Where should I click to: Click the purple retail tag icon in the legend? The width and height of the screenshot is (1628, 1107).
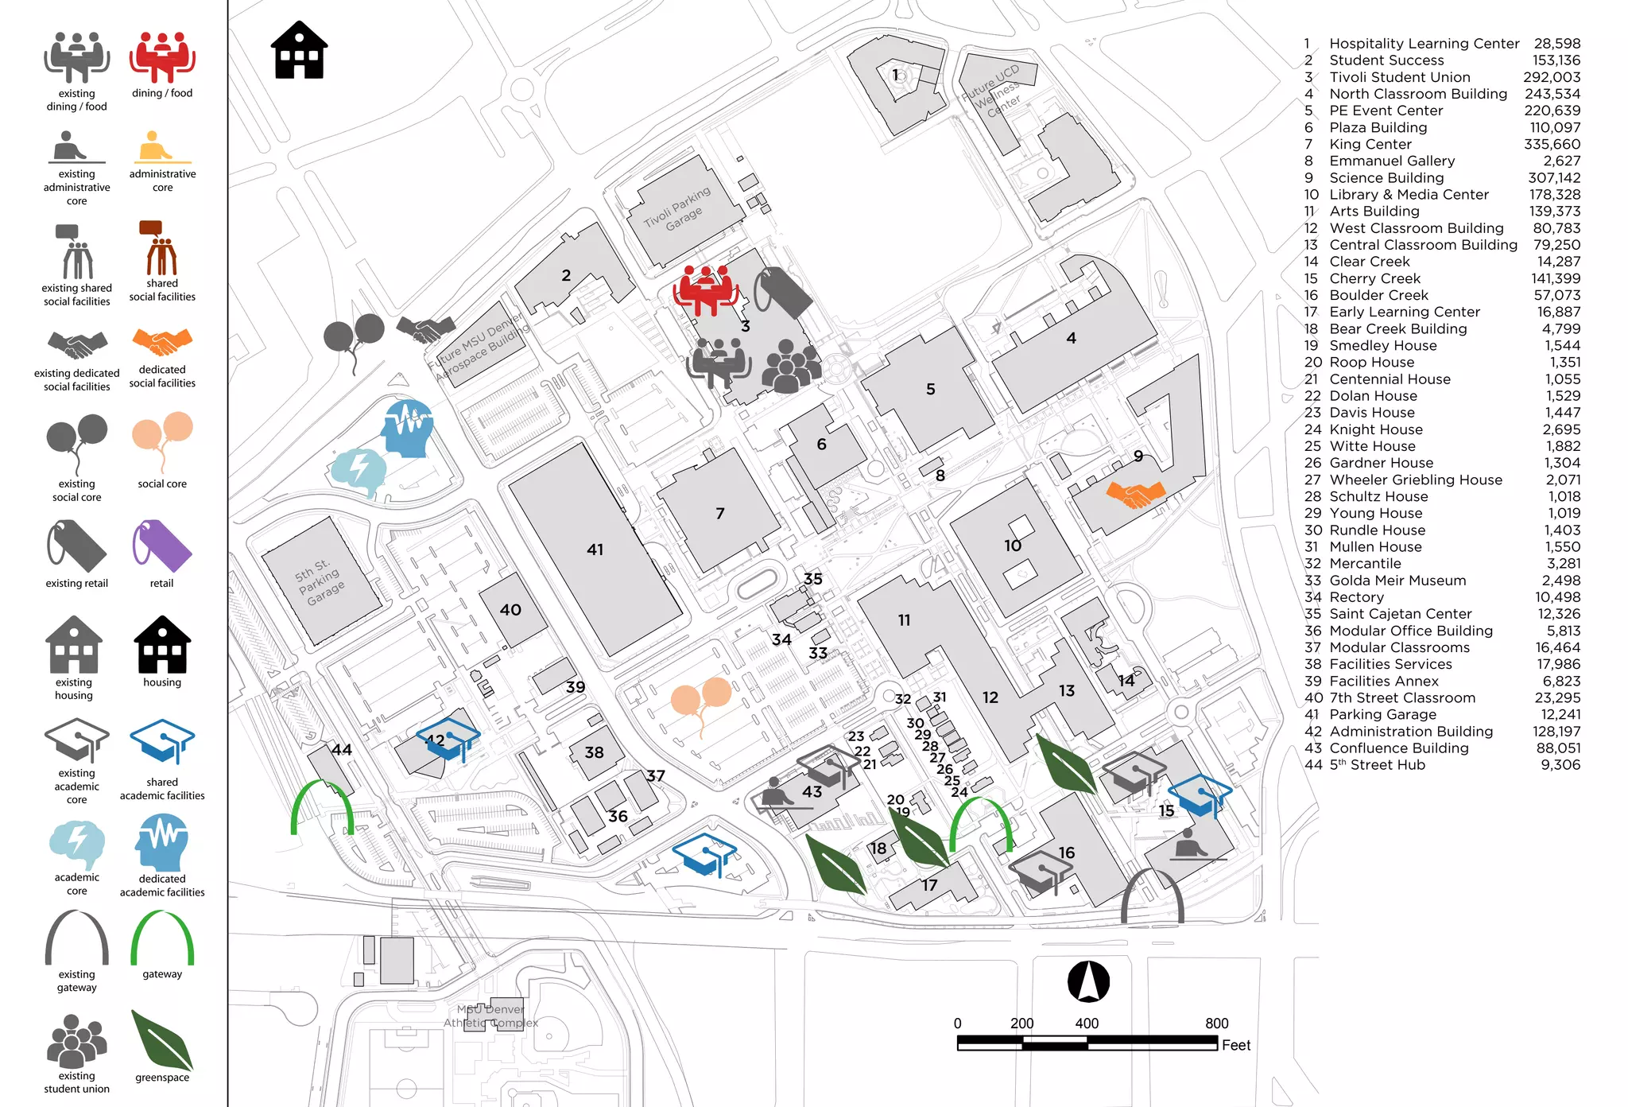162,546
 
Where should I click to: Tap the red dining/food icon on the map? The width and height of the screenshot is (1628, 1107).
705,289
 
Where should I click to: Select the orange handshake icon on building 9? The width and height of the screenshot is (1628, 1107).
1136,494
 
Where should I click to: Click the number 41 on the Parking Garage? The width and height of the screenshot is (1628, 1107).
595,550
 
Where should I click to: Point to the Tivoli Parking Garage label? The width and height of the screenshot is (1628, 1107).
677,209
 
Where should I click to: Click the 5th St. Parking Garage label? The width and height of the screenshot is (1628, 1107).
320,581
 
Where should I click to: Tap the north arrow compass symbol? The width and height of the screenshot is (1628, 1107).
1088,981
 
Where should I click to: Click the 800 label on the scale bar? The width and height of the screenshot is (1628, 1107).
1216,1023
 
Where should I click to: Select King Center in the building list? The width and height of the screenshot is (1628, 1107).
1370,144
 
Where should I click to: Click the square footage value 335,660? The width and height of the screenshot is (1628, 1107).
1552,144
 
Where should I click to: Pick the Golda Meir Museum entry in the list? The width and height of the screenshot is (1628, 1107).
1397,581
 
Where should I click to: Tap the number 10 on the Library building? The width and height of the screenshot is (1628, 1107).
1012,546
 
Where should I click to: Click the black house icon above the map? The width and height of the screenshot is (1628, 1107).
299,50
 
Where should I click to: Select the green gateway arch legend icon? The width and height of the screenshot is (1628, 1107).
162,938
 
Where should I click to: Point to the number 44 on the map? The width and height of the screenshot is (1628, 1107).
342,749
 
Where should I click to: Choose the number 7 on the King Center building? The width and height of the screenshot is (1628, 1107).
719,514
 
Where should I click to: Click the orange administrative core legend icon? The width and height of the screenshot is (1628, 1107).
162,148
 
